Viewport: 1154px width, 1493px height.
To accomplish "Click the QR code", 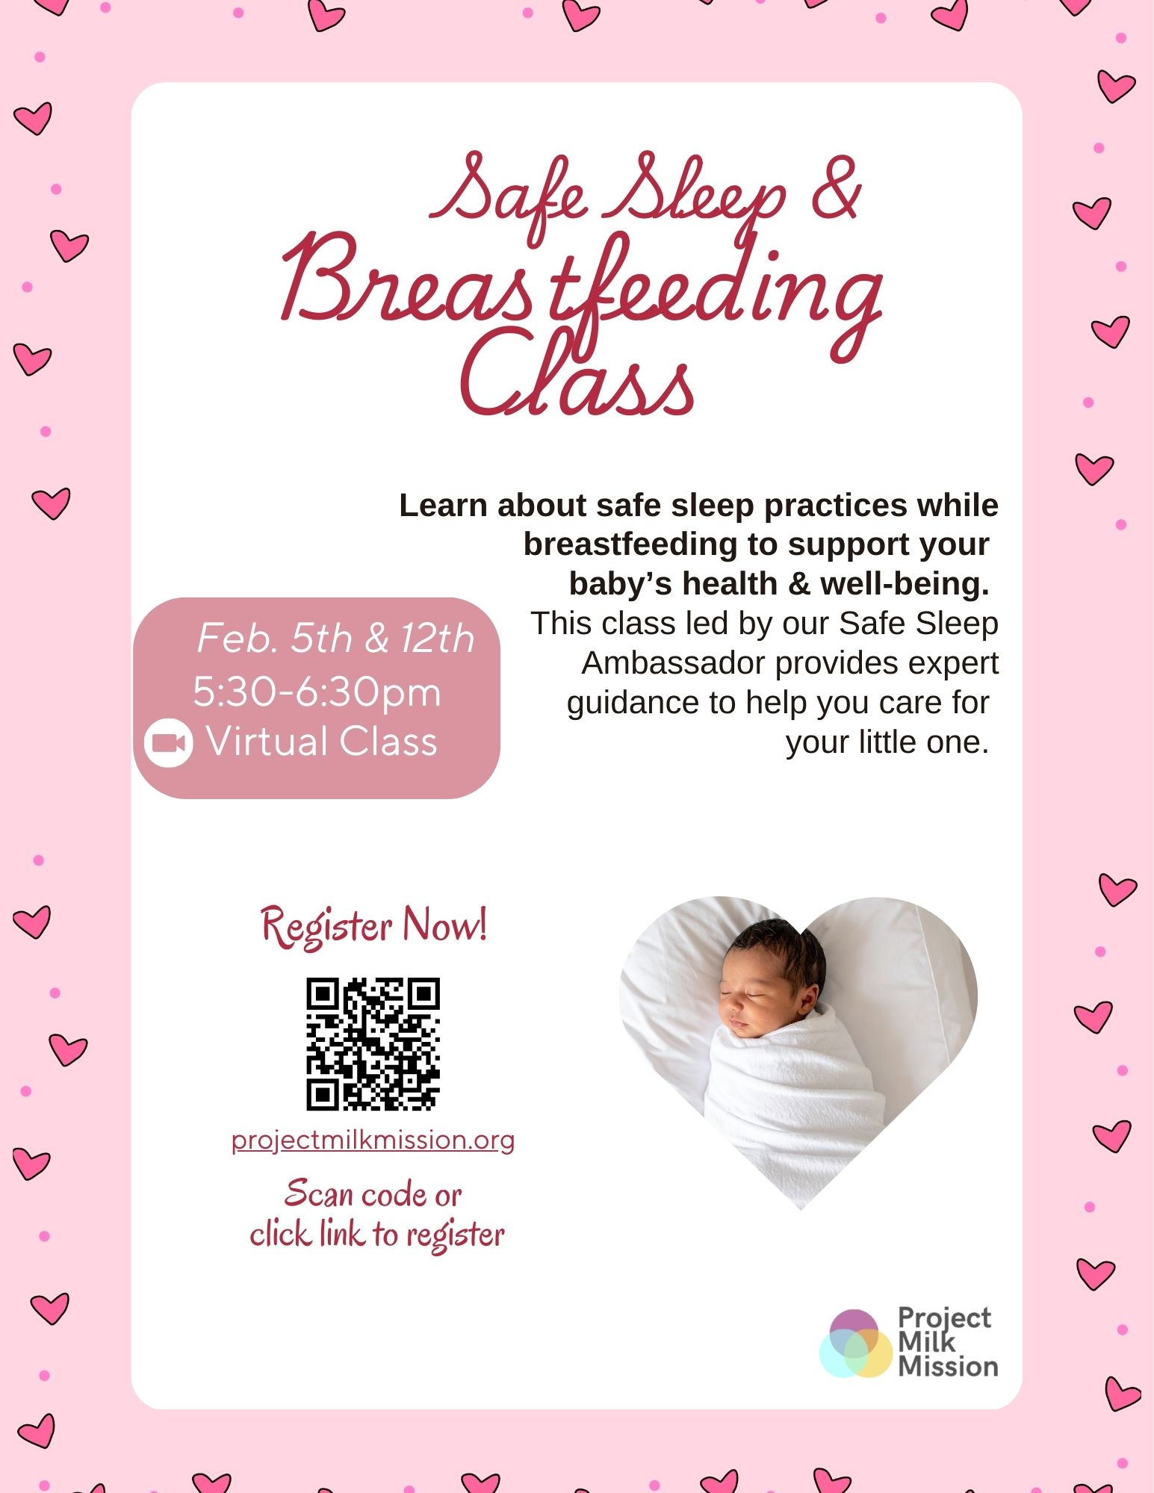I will [373, 1043].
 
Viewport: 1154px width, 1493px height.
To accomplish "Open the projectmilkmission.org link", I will [373, 1140].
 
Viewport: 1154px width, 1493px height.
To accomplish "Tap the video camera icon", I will [168, 742].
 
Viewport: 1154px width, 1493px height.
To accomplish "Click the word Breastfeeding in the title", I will [581, 288].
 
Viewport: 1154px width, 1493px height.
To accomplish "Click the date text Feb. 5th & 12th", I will [335, 639].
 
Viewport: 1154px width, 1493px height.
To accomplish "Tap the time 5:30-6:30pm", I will [317, 692].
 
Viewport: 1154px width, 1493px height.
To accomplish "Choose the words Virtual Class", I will [321, 742].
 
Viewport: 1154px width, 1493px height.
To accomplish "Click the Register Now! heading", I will [373, 925].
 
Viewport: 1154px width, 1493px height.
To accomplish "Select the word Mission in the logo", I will [948, 1367].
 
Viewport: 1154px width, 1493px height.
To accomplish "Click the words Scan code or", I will [373, 1194].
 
